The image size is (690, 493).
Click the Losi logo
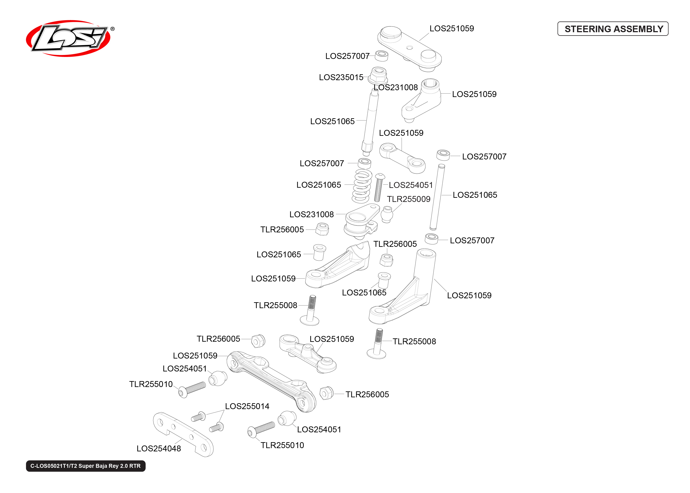point(68,38)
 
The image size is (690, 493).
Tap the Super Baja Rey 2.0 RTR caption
point(86,466)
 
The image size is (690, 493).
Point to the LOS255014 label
point(247,406)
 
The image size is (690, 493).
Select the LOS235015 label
point(341,77)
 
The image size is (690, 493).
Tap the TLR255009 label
point(408,199)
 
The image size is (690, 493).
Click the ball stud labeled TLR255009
point(387,214)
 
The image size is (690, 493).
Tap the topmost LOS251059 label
point(452,28)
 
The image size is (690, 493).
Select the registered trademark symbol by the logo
point(112,29)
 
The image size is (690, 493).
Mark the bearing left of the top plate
point(381,56)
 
